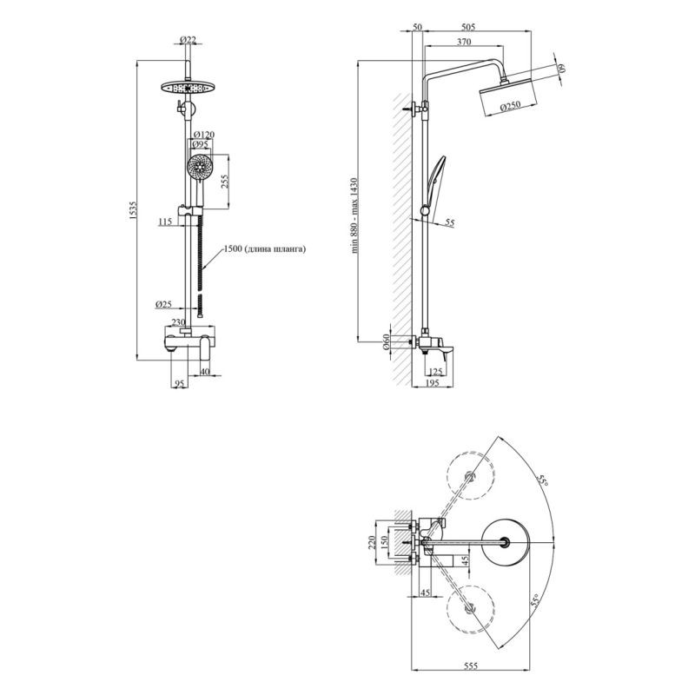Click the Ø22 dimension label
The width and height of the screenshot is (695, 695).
[x=188, y=40]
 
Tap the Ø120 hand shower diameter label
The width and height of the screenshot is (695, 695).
[x=204, y=135]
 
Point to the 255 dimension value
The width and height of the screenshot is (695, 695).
[x=225, y=181]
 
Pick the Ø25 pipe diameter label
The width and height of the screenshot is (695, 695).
[x=163, y=305]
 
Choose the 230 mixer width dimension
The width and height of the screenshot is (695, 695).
[x=178, y=322]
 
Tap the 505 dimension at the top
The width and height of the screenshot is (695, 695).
[x=468, y=27]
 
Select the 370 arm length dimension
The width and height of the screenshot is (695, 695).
[x=464, y=42]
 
